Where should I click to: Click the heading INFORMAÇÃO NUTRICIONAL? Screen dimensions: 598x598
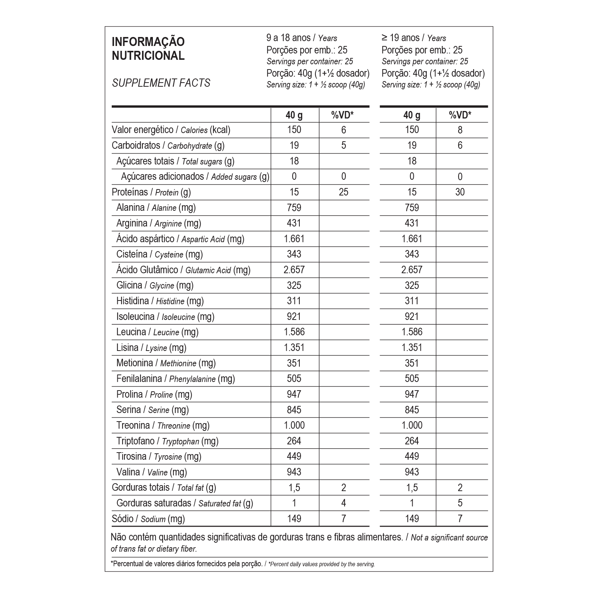coord(148,49)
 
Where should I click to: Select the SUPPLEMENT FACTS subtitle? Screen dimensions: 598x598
coord(161,83)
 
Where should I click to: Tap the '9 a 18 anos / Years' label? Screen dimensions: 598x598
coord(302,38)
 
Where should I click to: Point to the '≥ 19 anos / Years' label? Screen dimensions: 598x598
coord(414,38)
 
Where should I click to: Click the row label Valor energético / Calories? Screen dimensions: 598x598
coord(171,130)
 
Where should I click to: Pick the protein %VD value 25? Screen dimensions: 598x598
coord(343,192)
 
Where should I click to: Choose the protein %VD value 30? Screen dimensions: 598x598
coord(460,192)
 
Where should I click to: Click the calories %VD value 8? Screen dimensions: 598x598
coord(460,130)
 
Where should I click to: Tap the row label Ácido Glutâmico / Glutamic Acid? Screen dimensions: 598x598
coord(183,270)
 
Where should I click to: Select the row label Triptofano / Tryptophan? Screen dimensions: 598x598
coord(167,441)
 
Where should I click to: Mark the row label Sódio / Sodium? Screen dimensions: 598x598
coord(148,519)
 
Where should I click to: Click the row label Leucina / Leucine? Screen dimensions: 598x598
coord(157,332)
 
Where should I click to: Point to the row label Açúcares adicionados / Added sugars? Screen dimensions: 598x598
coord(195,177)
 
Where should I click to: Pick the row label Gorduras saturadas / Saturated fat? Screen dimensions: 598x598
coord(185,503)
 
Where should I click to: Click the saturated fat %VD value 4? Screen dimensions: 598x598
coord(343,503)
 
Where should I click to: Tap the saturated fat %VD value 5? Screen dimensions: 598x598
coord(460,503)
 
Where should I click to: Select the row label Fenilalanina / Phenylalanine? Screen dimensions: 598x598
coord(176,379)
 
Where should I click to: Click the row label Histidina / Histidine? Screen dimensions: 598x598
coord(160,301)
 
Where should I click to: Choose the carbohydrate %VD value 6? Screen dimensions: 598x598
coord(460,145)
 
